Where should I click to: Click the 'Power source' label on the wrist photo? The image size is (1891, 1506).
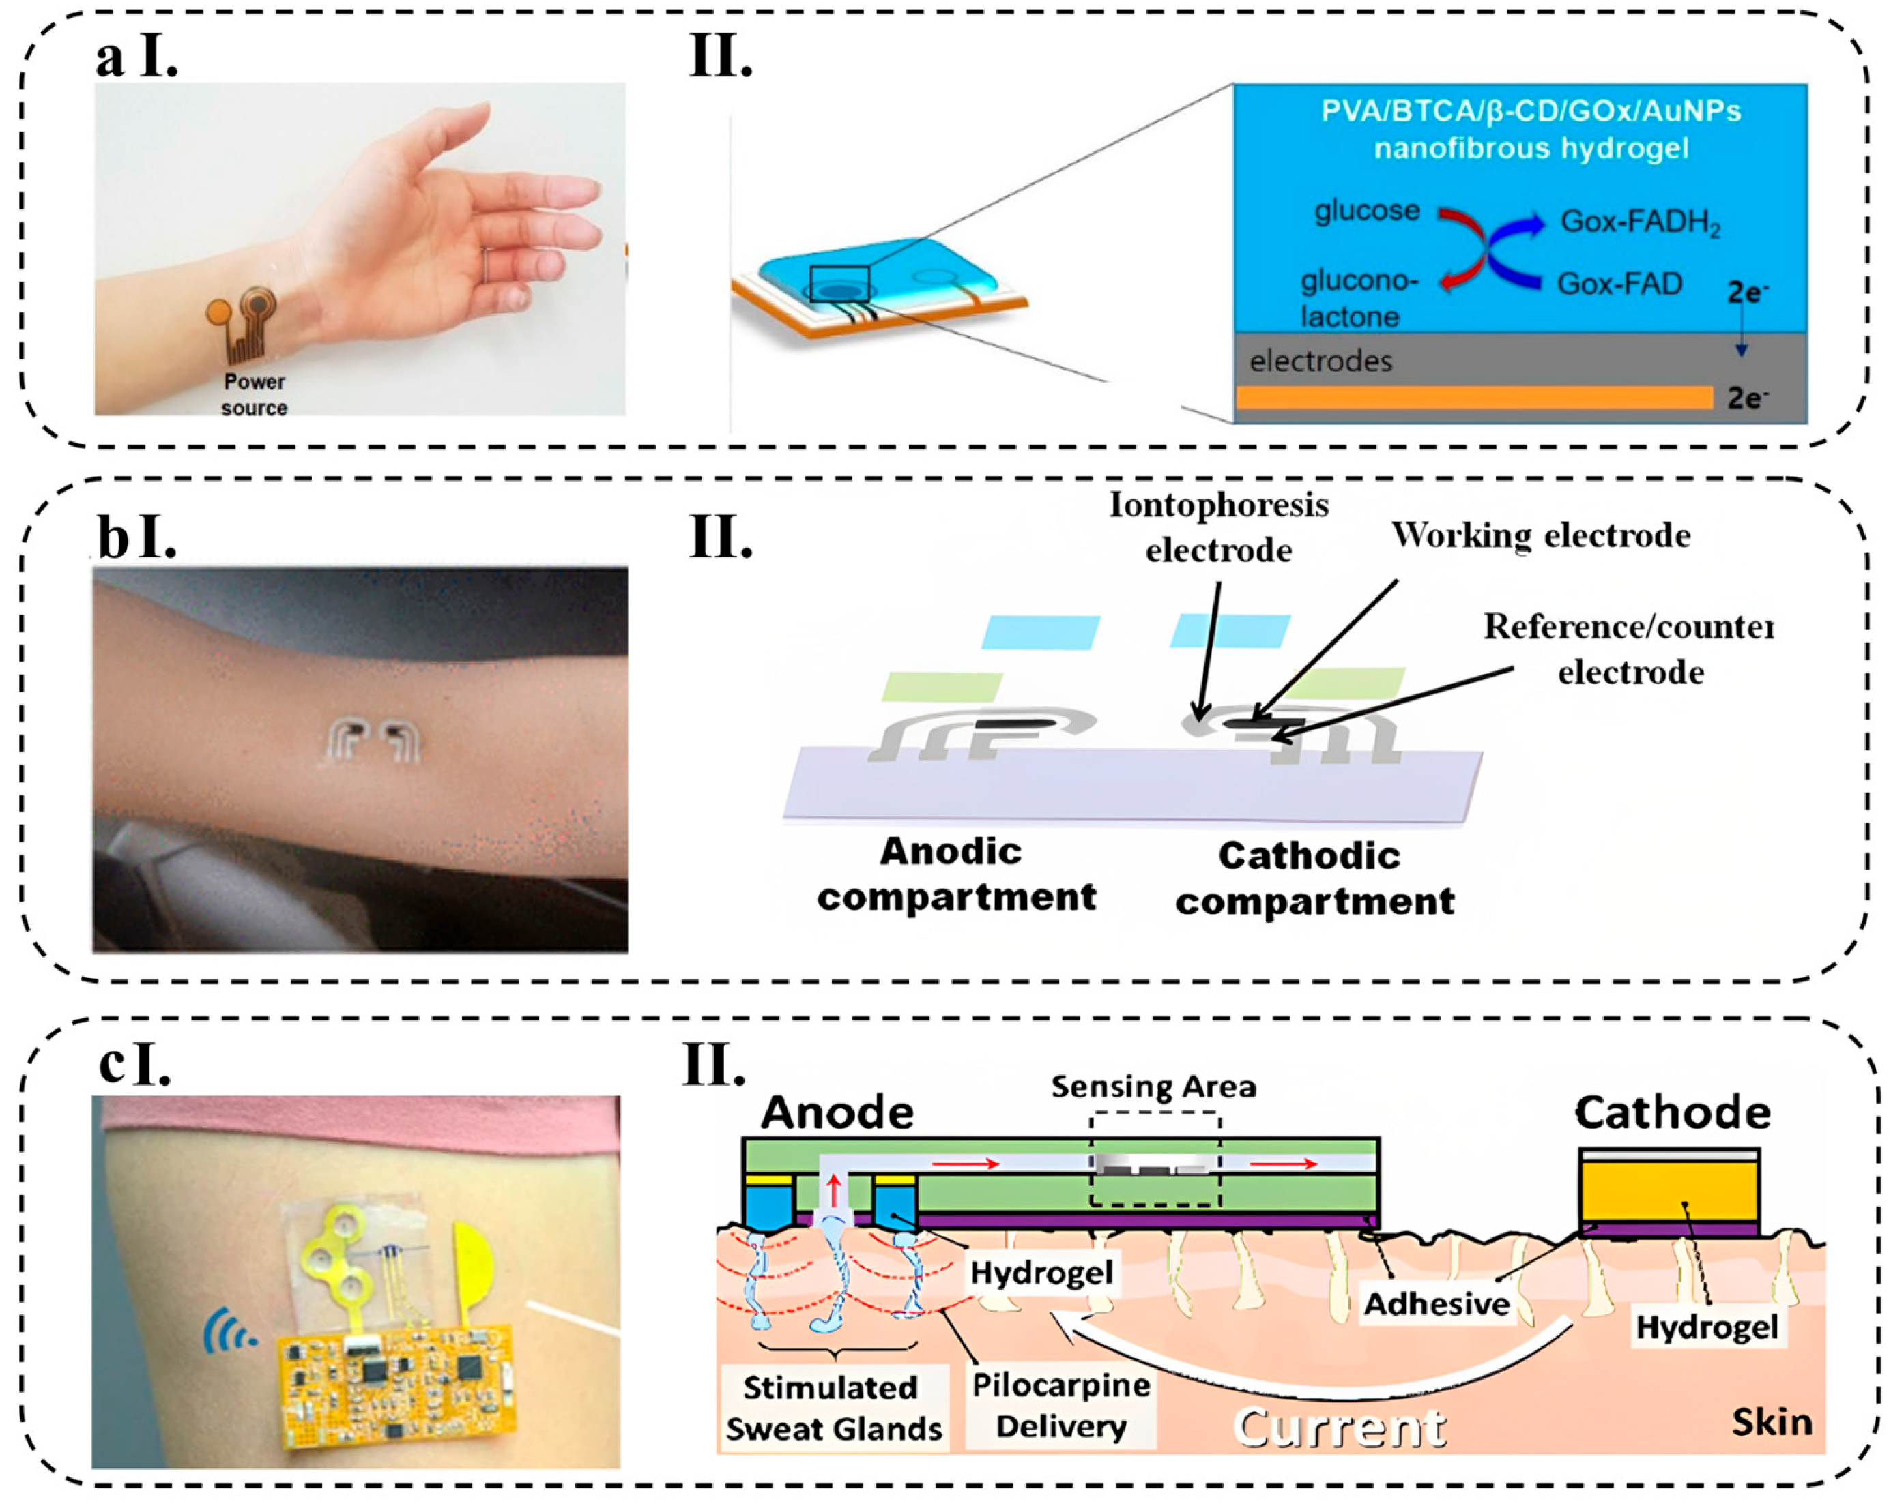point(255,394)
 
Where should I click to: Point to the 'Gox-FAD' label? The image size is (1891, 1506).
point(1619,283)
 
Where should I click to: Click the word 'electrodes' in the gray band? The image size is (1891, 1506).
point(1320,361)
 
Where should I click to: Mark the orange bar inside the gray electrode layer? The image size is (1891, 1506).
point(1473,397)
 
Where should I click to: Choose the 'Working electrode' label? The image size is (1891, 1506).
point(1541,535)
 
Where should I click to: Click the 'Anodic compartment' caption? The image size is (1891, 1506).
point(956,874)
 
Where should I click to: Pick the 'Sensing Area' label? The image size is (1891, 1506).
point(1153,1087)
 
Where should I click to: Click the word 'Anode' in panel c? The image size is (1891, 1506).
point(837,1113)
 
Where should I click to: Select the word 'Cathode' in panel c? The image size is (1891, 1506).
point(1673,1113)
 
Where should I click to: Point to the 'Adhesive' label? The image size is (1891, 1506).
point(1436,1303)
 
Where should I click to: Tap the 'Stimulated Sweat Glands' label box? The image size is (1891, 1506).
point(833,1408)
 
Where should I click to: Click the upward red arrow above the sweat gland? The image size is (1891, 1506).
point(833,1192)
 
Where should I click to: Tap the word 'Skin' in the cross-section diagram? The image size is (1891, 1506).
point(1771,1422)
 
